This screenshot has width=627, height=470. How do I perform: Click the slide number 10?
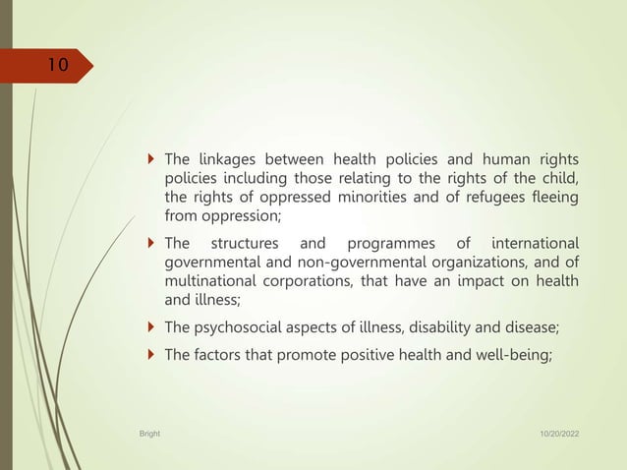58,66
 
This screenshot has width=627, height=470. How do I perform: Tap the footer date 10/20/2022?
557,432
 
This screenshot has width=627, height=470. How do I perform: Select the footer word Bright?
150,432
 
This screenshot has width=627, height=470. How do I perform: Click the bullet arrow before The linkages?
148,159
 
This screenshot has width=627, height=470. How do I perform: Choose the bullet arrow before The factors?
148,355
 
